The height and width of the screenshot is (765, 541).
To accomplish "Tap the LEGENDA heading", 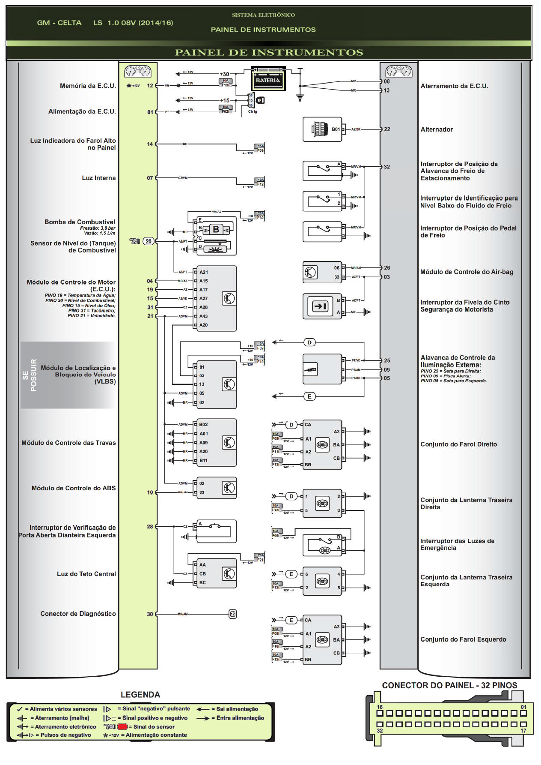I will tap(140, 695).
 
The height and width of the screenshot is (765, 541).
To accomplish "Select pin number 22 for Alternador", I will tap(387, 129).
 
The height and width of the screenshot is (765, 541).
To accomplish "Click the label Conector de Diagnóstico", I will tap(78, 614).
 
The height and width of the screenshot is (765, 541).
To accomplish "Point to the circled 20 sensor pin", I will tap(149, 241).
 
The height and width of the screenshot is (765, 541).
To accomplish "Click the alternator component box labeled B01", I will tap(322, 129).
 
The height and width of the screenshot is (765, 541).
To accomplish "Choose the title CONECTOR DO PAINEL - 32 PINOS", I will tap(449, 685).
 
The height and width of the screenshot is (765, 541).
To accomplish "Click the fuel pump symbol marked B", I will tap(216, 230).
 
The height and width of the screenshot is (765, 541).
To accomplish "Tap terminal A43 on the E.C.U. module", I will tap(203, 316).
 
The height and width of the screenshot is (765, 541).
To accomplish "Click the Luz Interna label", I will tap(98, 178).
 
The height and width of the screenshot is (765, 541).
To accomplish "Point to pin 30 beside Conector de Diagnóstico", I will tap(150, 614).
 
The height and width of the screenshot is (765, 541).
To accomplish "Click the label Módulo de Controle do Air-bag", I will tap(467, 272).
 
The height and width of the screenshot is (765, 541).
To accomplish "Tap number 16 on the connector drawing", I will tap(380, 707).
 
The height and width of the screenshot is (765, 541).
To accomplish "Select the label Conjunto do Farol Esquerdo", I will tap(463, 639).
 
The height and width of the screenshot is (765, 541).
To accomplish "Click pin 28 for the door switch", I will tap(150, 527).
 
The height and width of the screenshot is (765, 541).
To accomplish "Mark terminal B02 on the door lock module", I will tap(203, 425).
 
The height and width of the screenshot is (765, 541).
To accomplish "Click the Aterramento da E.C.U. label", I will tap(454, 86).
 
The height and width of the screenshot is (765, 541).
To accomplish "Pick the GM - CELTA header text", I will tap(59, 23).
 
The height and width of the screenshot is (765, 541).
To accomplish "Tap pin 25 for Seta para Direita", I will tap(387, 361).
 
